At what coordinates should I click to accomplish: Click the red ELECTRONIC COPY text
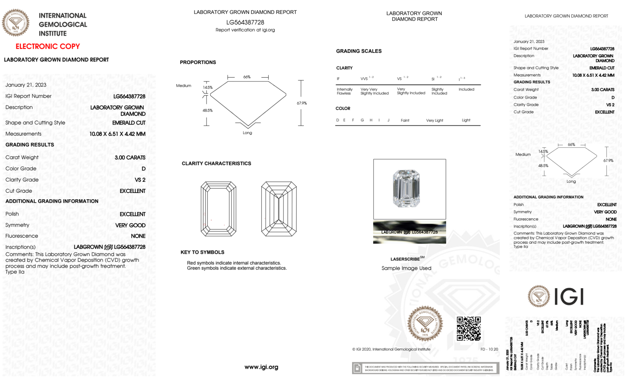tap(47, 46)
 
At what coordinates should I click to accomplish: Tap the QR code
tap(469, 328)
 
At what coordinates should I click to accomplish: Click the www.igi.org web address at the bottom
tap(261, 367)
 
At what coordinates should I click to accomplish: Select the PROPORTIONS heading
tap(198, 62)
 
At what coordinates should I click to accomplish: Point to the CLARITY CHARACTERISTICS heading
tap(216, 164)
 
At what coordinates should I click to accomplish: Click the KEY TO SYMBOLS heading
tap(202, 252)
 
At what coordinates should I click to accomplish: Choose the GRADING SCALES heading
tap(359, 51)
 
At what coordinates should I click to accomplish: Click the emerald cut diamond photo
tap(406, 189)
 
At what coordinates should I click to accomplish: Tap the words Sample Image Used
tap(406, 268)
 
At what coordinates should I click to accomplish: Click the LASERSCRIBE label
tap(405, 259)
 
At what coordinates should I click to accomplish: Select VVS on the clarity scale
tap(364, 79)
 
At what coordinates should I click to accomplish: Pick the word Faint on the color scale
tap(405, 120)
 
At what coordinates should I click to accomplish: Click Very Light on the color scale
tap(434, 120)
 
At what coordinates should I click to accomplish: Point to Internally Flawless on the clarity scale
tap(344, 91)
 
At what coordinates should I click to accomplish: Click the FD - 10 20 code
tap(489, 349)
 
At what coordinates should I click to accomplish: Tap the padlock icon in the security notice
tap(357, 368)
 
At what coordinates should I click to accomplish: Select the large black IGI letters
tap(569, 297)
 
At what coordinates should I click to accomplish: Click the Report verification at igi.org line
tap(245, 30)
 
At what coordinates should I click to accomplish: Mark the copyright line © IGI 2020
tap(391, 349)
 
